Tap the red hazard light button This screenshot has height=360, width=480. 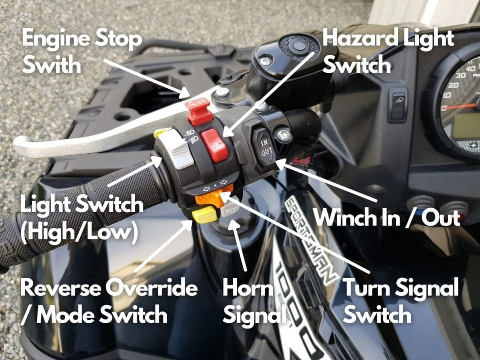(215, 144)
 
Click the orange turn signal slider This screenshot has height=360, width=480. (214, 196)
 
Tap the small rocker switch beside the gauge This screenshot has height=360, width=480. (398, 105)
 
